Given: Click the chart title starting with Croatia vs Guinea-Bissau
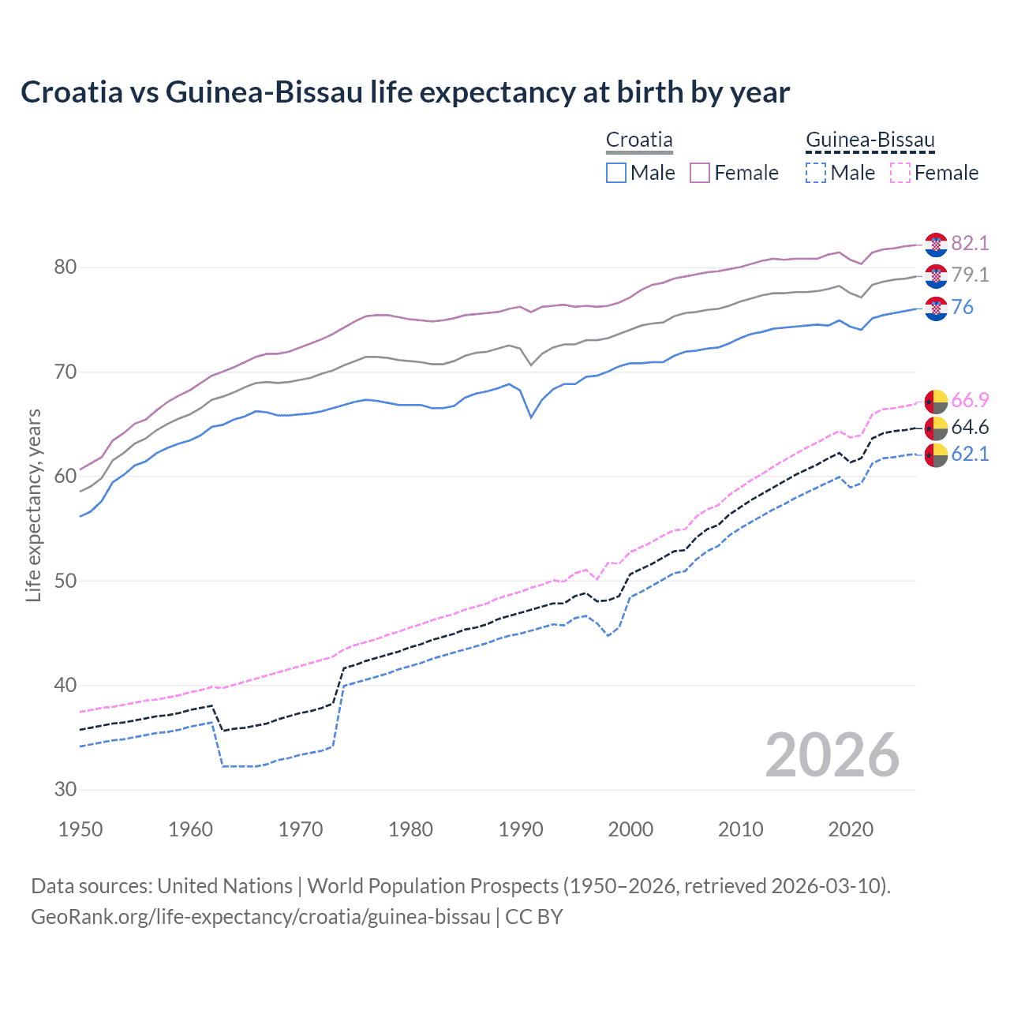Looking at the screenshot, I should tap(405, 92).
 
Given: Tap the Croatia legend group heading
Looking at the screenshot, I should tap(639, 140).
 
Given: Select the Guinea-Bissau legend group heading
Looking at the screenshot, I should tap(870, 140).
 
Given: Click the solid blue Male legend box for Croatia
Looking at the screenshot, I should tap(616, 173).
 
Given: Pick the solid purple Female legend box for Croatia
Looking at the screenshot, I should tap(700, 173).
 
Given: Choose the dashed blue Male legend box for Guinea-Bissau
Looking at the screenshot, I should tap(816, 173).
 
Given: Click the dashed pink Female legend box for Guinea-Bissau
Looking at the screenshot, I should tap(900, 173).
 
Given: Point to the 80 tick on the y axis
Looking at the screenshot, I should tap(65, 267).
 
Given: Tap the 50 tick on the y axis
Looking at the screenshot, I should tap(65, 581).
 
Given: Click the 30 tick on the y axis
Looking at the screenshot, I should tap(65, 789).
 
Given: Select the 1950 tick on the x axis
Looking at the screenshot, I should tap(80, 829).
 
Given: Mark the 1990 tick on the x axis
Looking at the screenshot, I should tap(521, 829).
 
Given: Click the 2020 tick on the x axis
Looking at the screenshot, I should tap(851, 829).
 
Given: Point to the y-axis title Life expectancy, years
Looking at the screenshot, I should tap(33, 505).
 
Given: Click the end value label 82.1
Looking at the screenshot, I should tap(970, 243).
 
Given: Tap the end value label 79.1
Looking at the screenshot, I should tap(970, 275).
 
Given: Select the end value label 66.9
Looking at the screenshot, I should tap(970, 400).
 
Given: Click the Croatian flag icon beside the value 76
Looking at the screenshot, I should tap(936, 309).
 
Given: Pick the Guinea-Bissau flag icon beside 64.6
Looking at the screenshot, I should tap(936, 428).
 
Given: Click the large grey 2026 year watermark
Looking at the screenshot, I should tap(832, 755).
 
